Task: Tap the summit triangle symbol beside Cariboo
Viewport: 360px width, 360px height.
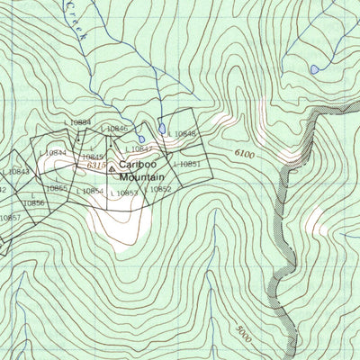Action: tap(112, 167)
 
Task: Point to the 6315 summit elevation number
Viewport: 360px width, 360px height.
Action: tap(94, 166)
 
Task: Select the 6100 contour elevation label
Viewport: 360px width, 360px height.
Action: tap(244, 155)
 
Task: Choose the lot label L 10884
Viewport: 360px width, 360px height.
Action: tap(78, 121)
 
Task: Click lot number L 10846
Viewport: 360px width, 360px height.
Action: tap(115, 130)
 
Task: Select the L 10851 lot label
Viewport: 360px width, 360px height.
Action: tap(184, 164)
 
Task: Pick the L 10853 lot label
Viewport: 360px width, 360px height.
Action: tap(123, 193)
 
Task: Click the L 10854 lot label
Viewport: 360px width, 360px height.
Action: tap(90, 191)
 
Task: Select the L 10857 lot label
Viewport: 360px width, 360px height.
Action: tap(9, 218)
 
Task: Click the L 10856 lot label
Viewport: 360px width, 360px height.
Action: tap(33, 202)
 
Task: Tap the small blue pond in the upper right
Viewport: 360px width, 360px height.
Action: tap(313, 68)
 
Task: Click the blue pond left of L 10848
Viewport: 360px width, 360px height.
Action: tap(161, 129)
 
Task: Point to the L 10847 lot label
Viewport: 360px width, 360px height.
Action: tap(138, 148)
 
